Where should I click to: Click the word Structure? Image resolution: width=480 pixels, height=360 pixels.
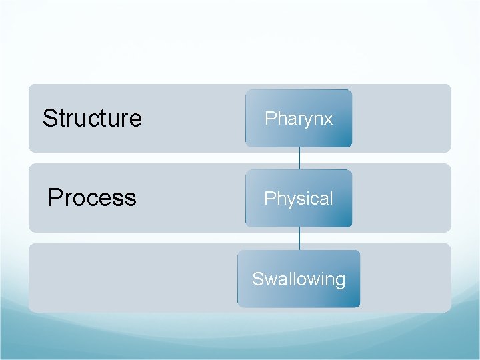pyautogui.click(x=92, y=119)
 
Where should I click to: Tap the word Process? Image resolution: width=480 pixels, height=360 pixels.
pyautogui.click(x=92, y=198)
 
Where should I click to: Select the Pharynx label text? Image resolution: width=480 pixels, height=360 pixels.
pyautogui.click(x=299, y=119)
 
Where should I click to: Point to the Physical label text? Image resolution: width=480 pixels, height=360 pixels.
pyautogui.click(x=299, y=199)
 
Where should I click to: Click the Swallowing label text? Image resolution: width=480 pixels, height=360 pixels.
pyautogui.click(x=299, y=279)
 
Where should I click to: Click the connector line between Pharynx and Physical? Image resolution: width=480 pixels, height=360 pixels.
pyautogui.click(x=299, y=158)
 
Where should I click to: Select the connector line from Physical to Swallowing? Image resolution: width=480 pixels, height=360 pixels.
pyautogui.click(x=299, y=238)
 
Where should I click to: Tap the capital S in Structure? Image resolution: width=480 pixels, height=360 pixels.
pyautogui.click(x=49, y=119)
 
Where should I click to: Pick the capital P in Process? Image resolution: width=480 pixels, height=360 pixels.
pyautogui.click(x=55, y=198)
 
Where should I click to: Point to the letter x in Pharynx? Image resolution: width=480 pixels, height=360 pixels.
pyautogui.click(x=328, y=119)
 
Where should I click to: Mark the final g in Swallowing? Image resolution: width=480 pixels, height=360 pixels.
pyautogui.click(x=340, y=281)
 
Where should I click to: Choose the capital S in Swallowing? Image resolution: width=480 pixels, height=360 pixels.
pyautogui.click(x=257, y=279)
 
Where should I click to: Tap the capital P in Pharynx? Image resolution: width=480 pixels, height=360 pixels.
pyautogui.click(x=270, y=119)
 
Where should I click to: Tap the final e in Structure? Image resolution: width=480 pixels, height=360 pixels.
pyautogui.click(x=136, y=120)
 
